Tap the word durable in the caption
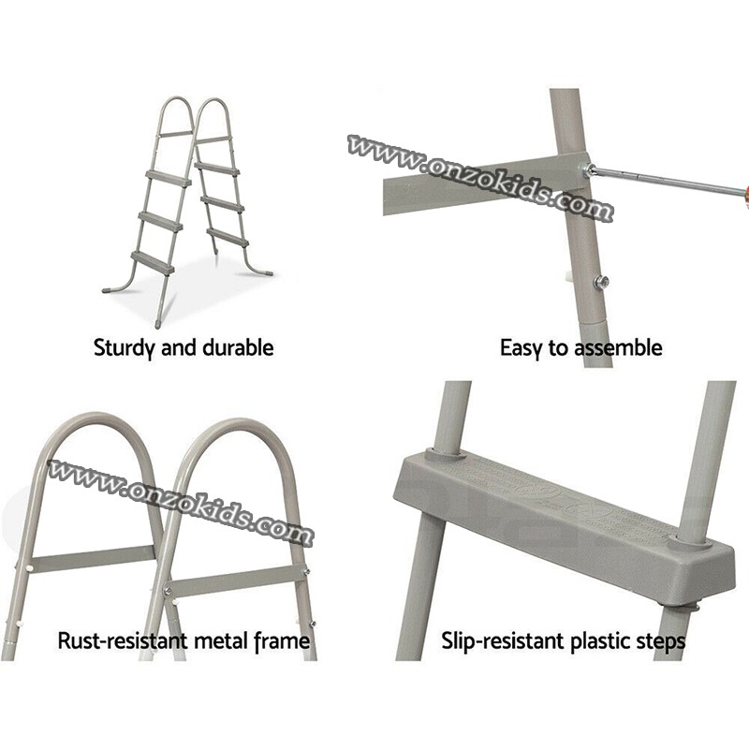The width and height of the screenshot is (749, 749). tap(238, 347)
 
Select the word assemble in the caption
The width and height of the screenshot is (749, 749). tap(618, 347)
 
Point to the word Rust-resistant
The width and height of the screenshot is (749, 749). tap(123, 640)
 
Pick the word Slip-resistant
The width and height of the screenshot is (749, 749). tap(503, 640)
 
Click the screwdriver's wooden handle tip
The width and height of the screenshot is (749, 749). tap(743, 193)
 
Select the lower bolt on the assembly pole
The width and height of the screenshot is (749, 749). tap(601, 283)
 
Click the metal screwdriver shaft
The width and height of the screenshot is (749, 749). tap(667, 181)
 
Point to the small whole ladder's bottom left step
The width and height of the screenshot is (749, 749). tap(153, 262)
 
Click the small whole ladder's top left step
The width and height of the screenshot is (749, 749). tap(169, 178)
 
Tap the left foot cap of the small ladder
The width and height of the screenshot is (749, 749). tap(108, 289)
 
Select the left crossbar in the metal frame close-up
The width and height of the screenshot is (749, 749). tap(94, 558)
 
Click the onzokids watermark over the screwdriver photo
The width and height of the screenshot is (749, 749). tap(479, 178)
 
